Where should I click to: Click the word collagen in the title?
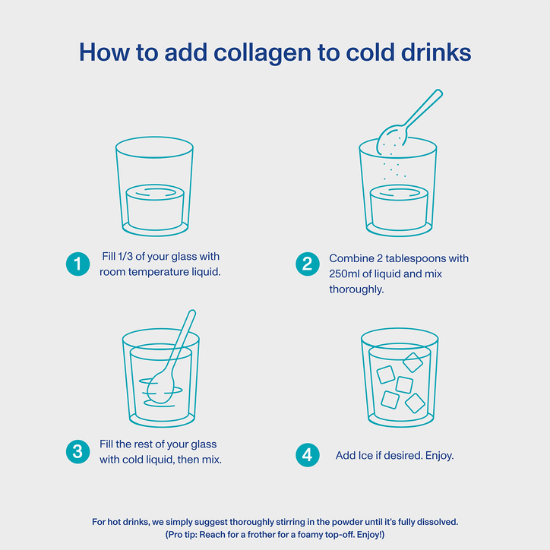(262, 53)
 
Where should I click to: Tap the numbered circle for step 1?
(78, 264)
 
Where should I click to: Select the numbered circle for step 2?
(307, 264)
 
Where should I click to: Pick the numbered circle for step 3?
(78, 452)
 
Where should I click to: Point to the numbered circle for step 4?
(307, 455)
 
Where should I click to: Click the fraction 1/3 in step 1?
(125, 257)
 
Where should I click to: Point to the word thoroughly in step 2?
(356, 289)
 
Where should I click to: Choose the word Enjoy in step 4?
(439, 456)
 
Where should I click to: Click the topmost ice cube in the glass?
(412, 362)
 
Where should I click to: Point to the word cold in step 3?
(129, 460)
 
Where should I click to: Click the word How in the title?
(104, 53)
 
